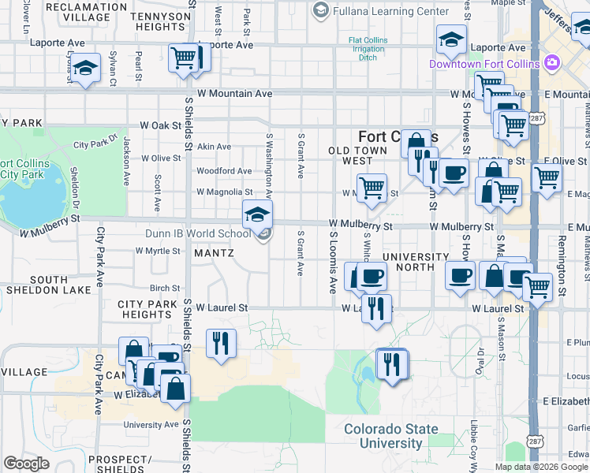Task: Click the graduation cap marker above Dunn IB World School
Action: (x=257, y=215)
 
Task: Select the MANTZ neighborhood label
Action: (x=214, y=253)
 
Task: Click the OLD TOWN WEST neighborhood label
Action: (x=358, y=155)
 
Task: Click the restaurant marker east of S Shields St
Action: (x=220, y=344)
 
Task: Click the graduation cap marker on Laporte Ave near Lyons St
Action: (x=85, y=69)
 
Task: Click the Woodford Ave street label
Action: (x=224, y=170)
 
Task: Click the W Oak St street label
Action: (x=161, y=125)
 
